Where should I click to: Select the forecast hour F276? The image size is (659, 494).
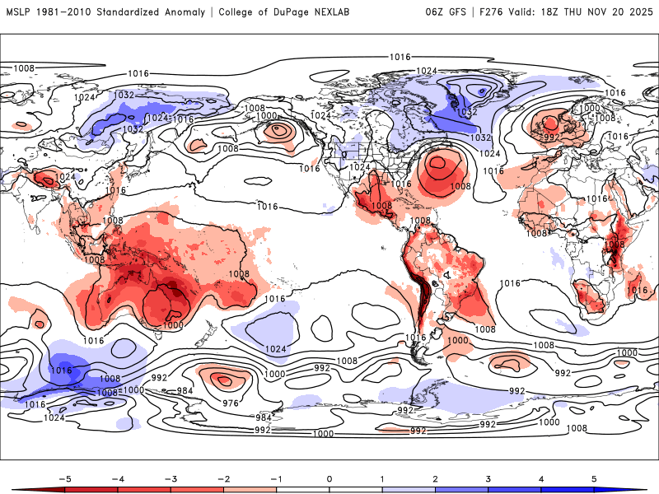pyautogui.click(x=492, y=12)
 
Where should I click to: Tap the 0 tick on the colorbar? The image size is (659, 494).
pyautogui.click(x=329, y=478)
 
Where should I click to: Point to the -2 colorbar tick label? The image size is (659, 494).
pyautogui.click(x=222, y=478)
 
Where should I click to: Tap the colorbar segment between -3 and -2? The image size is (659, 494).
pyautogui.click(x=196, y=490)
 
